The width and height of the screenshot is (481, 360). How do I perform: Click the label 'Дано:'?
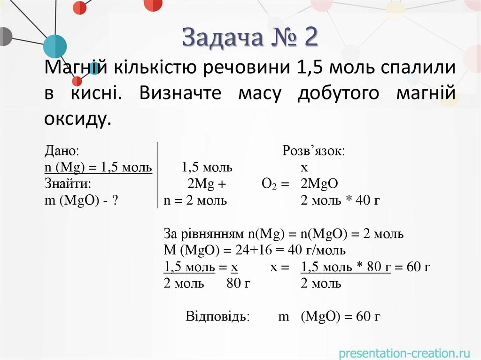click(x=62, y=151)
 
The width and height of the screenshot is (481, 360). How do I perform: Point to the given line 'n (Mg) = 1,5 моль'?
click(x=98, y=168)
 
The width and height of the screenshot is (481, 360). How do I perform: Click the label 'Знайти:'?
click(x=67, y=184)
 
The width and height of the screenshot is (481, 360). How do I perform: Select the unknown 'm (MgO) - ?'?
click(x=81, y=200)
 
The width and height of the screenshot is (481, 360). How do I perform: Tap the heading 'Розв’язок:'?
click(x=313, y=151)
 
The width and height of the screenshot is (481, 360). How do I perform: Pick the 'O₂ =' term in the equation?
click(x=275, y=184)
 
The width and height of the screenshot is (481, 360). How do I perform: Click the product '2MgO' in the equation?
click(x=319, y=184)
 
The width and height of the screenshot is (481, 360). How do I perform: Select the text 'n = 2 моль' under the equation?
click(x=195, y=200)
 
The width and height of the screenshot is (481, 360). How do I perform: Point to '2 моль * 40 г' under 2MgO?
click(x=340, y=200)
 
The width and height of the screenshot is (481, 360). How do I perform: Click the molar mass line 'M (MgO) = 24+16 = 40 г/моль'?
click(x=255, y=250)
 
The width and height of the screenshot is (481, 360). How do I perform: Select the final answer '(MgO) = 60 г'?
click(x=341, y=316)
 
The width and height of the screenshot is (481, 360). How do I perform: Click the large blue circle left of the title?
click(x=55, y=46)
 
